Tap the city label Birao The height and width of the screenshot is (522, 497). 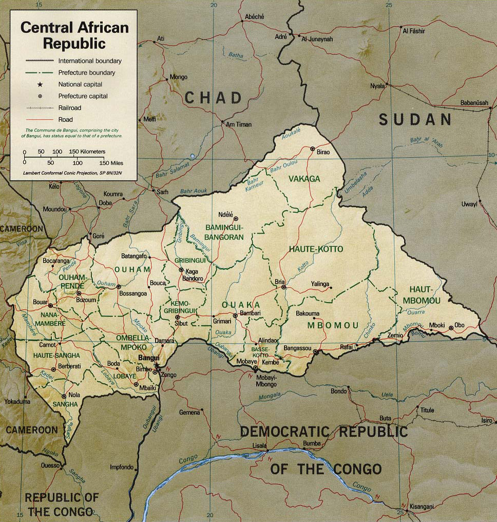[x=322, y=152]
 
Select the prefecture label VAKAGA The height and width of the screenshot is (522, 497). [x=304, y=179]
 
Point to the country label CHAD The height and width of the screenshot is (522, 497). [x=213, y=98]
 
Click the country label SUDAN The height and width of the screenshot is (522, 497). [x=415, y=120]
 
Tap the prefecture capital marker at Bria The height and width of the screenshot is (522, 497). [x=283, y=288]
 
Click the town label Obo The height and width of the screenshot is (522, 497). [x=460, y=326]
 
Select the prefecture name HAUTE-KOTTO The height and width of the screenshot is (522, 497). [x=316, y=249]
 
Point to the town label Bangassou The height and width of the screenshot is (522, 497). [x=297, y=349]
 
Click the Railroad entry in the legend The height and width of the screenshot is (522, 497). [x=69, y=108]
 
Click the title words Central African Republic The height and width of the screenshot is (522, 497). [x=74, y=35]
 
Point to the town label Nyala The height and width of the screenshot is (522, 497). [x=377, y=86]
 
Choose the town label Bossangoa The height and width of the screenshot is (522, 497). [x=133, y=293]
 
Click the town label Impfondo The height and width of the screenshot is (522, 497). [x=122, y=467]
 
